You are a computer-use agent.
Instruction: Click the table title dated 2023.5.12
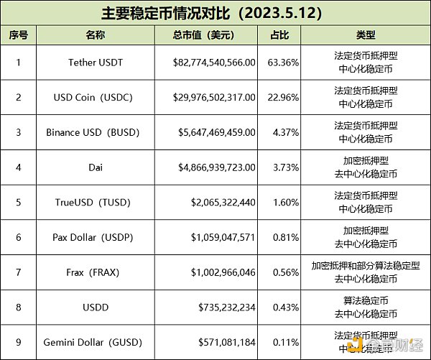215,14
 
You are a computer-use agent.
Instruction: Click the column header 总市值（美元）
204,34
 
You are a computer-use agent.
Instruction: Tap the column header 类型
365,34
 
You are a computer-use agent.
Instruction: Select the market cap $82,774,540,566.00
214,63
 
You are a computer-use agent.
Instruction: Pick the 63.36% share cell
279,63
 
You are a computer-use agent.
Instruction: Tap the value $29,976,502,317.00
214,97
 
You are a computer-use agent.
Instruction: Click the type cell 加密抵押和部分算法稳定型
365,266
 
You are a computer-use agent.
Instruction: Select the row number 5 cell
18,203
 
